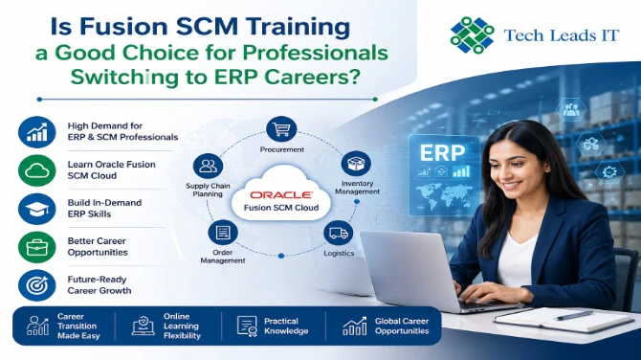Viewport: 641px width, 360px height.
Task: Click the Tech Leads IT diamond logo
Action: (x=473, y=34)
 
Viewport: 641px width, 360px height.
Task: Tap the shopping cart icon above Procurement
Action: (x=281, y=129)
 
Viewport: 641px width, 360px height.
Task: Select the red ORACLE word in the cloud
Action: (x=281, y=194)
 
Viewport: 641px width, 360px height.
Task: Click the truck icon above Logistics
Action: (x=338, y=234)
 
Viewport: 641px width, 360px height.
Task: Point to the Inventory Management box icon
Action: (x=356, y=164)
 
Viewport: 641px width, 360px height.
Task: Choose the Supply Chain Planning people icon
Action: (x=208, y=166)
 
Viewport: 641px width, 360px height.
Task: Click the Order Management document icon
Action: (x=223, y=233)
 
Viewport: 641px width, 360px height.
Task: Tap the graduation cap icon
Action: (x=36, y=209)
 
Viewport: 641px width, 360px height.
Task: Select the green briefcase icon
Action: (x=36, y=247)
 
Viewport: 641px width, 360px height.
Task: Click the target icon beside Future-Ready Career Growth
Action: (x=36, y=285)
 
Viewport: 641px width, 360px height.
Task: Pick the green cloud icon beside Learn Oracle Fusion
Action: (x=36, y=170)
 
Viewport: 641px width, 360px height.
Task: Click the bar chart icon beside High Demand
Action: (x=36, y=132)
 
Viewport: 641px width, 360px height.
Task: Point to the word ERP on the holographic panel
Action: (x=442, y=153)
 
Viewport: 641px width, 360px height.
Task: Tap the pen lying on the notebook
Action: (x=574, y=315)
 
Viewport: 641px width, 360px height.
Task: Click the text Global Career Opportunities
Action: (x=402, y=326)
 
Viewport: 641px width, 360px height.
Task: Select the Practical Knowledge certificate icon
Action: (x=247, y=326)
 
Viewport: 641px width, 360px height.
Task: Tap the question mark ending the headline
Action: (x=354, y=76)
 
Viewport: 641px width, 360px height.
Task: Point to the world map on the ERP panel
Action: (x=444, y=195)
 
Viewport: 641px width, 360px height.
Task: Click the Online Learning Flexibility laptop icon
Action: (x=144, y=326)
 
